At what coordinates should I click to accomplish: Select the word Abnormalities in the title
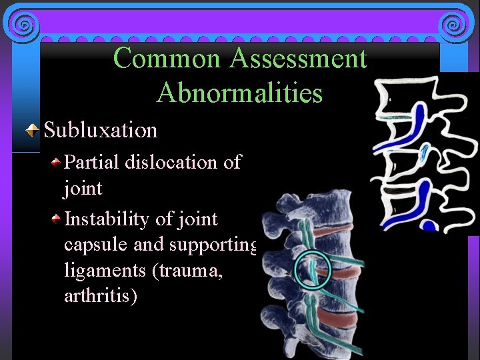point(239,93)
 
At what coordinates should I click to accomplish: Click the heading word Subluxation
point(101,129)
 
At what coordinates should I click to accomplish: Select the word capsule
point(96,245)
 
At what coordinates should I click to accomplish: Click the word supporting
point(212,245)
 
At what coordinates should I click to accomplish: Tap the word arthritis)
point(101,295)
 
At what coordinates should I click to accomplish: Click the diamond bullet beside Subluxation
point(31,130)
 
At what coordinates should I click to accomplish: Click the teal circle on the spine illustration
point(311,270)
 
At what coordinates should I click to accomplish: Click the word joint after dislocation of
point(83,189)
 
